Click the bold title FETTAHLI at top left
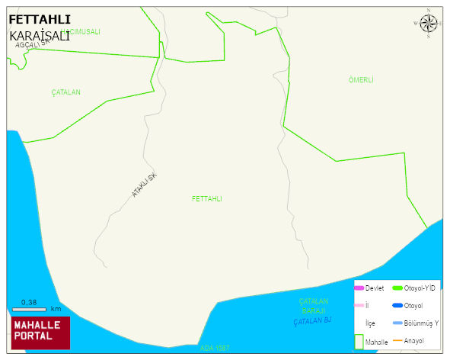click(40, 19)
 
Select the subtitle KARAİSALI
click(40, 36)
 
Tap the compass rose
click(428, 23)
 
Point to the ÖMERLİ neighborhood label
click(360, 80)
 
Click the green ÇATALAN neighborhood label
click(66, 92)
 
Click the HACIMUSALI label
click(81, 32)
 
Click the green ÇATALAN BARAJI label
click(313, 306)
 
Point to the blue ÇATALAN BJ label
click(313, 321)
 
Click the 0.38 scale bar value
click(29, 303)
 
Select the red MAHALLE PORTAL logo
click(40, 331)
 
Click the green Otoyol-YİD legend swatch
click(397, 288)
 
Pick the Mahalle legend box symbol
click(359, 341)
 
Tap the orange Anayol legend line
click(397, 340)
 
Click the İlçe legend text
click(370, 323)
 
